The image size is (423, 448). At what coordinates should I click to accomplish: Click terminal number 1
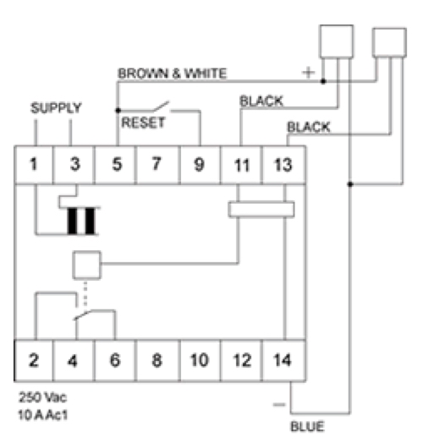[x=34, y=165]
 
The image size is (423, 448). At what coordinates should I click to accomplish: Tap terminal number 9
[x=200, y=165]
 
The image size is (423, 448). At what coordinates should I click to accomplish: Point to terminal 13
[x=283, y=165]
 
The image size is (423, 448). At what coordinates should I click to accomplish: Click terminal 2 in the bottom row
[x=34, y=361]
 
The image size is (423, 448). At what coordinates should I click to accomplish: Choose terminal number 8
[x=158, y=361]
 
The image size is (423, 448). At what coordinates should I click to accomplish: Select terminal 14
[x=283, y=361]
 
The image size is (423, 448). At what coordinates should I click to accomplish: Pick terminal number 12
[x=241, y=361]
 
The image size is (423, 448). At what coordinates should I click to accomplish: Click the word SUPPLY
[x=56, y=108]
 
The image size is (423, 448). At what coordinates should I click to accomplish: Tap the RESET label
[x=143, y=123]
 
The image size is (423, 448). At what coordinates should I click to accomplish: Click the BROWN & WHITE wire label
[x=173, y=74]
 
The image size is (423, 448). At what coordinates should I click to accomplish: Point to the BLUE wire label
[x=307, y=427]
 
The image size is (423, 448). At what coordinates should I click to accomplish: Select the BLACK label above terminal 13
[x=309, y=127]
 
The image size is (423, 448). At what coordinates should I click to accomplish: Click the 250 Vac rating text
[x=42, y=397]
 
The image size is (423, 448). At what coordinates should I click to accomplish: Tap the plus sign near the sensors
[x=309, y=73]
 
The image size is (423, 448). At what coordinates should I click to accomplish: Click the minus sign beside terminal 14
[x=279, y=405]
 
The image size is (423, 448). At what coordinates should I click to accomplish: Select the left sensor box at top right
[x=337, y=41]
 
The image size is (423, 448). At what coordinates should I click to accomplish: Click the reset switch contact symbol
[x=162, y=107]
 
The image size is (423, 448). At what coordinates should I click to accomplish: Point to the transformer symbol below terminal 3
[x=81, y=221]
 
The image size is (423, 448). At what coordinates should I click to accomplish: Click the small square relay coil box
[x=87, y=265]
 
